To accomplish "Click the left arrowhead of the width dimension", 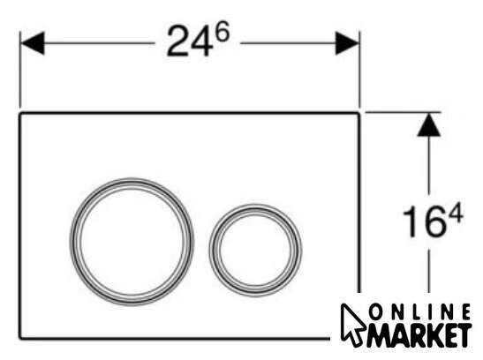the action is (x=33, y=43).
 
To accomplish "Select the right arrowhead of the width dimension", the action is (x=347, y=43).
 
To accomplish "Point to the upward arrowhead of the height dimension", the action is (x=428, y=124).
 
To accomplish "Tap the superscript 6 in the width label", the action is (x=223, y=32).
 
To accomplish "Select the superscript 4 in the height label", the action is (x=456, y=212).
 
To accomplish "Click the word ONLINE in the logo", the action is (x=419, y=312).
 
